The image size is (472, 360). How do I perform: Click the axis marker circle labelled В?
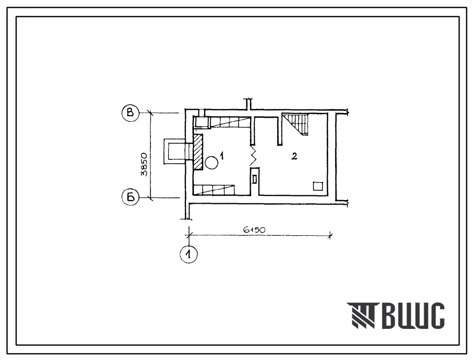130,113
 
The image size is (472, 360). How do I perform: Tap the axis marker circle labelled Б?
131,197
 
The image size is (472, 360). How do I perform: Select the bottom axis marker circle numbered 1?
189,255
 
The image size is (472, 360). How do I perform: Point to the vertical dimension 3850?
145,164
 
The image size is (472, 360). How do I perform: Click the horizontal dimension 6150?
254,230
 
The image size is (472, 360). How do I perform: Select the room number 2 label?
294,156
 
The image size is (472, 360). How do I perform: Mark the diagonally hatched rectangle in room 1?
198,152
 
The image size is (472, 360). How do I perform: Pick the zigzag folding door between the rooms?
253,156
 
